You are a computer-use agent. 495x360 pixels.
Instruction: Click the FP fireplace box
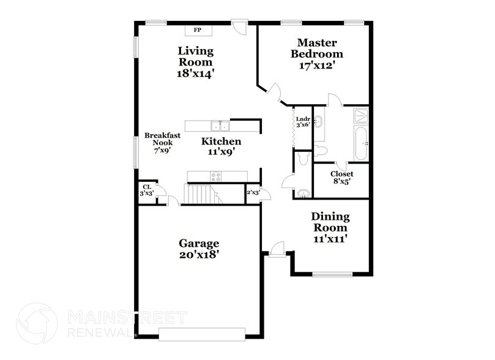click(x=198, y=30)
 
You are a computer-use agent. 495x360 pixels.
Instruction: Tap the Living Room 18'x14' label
click(x=196, y=62)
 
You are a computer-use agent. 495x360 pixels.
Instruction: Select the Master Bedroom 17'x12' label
click(x=318, y=54)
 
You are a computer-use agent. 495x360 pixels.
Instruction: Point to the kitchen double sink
click(x=219, y=126)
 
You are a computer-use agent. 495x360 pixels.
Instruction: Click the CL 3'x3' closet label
click(x=147, y=190)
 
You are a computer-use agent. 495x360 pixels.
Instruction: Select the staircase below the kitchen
click(x=202, y=194)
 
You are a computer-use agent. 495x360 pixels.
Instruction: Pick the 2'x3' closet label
click(x=253, y=193)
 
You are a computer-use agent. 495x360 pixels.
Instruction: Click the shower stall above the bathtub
click(x=361, y=115)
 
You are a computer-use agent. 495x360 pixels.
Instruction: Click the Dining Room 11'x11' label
click(x=330, y=228)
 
